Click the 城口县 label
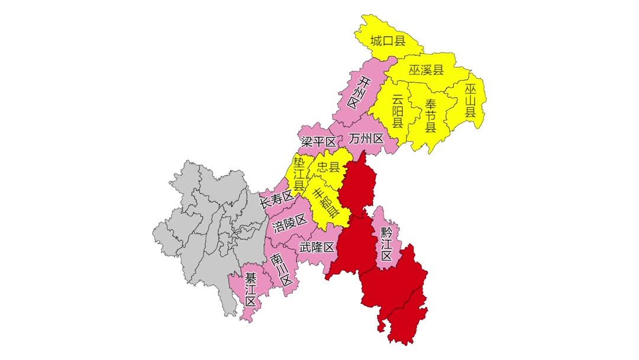(388, 41)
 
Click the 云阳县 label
(398, 111)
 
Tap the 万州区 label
(366, 139)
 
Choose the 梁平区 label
(318, 142)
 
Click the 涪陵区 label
(289, 223)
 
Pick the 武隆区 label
(317, 247)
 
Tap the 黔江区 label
(386, 243)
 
